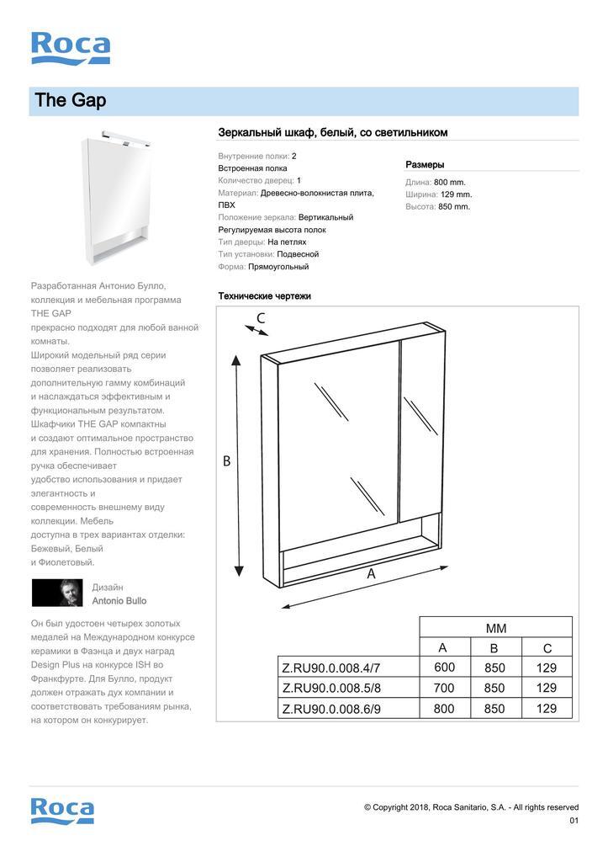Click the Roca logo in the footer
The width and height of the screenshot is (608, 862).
click(x=62, y=810)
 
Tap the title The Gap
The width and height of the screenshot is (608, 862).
click(x=71, y=101)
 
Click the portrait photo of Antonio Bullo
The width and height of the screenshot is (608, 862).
click(x=57, y=593)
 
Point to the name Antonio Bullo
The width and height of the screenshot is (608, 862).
click(x=119, y=601)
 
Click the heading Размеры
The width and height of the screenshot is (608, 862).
click(x=425, y=165)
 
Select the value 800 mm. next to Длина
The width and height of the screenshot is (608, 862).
click(x=450, y=182)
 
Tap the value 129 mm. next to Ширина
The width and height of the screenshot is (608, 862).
click(x=456, y=194)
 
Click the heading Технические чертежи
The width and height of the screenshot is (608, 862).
click(x=264, y=296)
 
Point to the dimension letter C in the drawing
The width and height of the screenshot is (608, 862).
click(x=261, y=318)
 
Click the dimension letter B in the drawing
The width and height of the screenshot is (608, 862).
click(x=226, y=461)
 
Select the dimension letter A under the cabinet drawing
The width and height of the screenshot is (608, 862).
click(x=371, y=574)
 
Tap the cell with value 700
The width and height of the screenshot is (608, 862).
click(x=443, y=688)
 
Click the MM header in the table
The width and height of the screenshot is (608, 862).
click(x=495, y=628)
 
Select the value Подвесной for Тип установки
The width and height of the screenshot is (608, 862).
click(x=298, y=254)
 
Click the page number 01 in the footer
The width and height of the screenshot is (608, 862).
click(x=574, y=821)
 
